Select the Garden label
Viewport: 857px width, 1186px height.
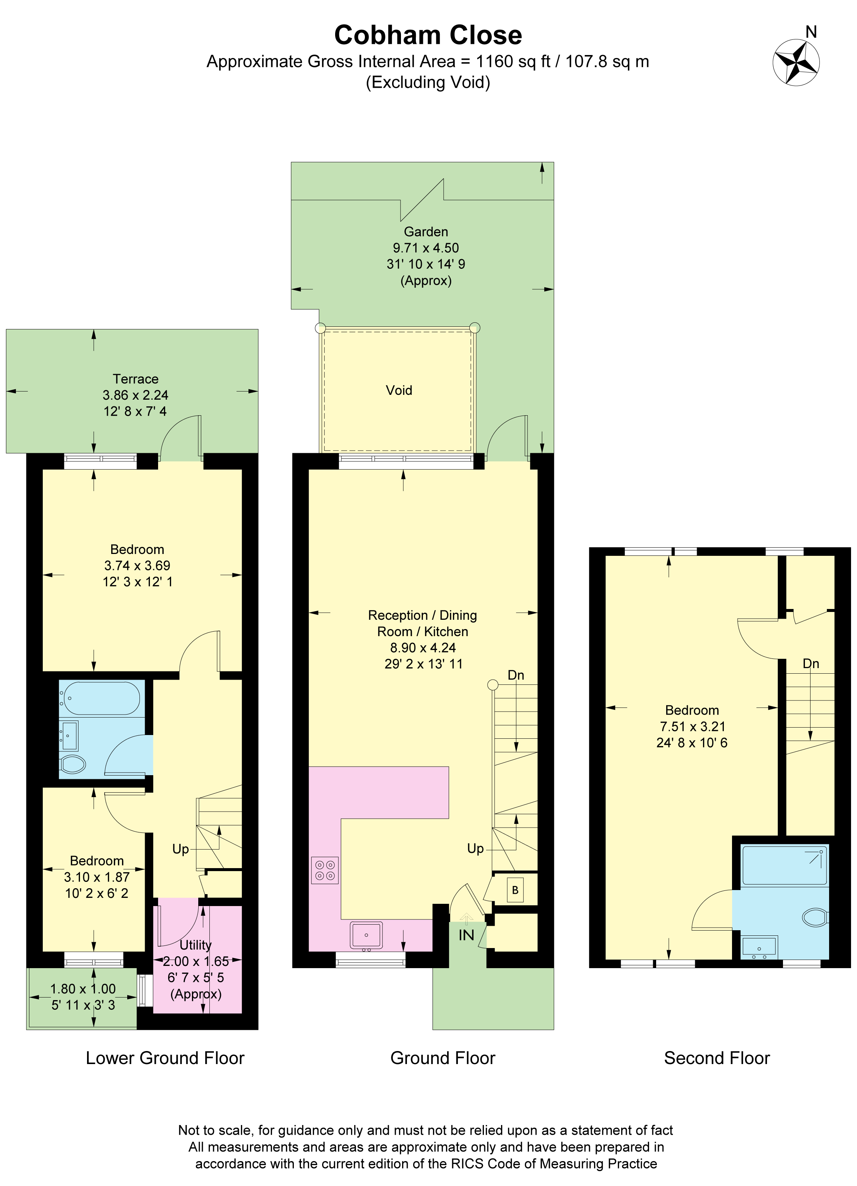pos(426,232)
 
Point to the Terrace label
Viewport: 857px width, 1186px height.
pos(135,379)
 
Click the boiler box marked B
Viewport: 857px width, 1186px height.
pos(515,889)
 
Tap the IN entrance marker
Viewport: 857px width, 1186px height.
pos(466,935)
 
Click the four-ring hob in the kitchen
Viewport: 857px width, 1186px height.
pos(325,870)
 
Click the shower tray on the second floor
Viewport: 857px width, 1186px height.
pos(785,865)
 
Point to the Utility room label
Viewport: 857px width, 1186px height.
pos(196,945)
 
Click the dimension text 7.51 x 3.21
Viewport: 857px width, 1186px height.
pos(692,726)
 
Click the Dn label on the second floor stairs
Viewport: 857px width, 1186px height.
pos(811,664)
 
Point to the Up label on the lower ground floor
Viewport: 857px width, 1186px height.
pos(180,849)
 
